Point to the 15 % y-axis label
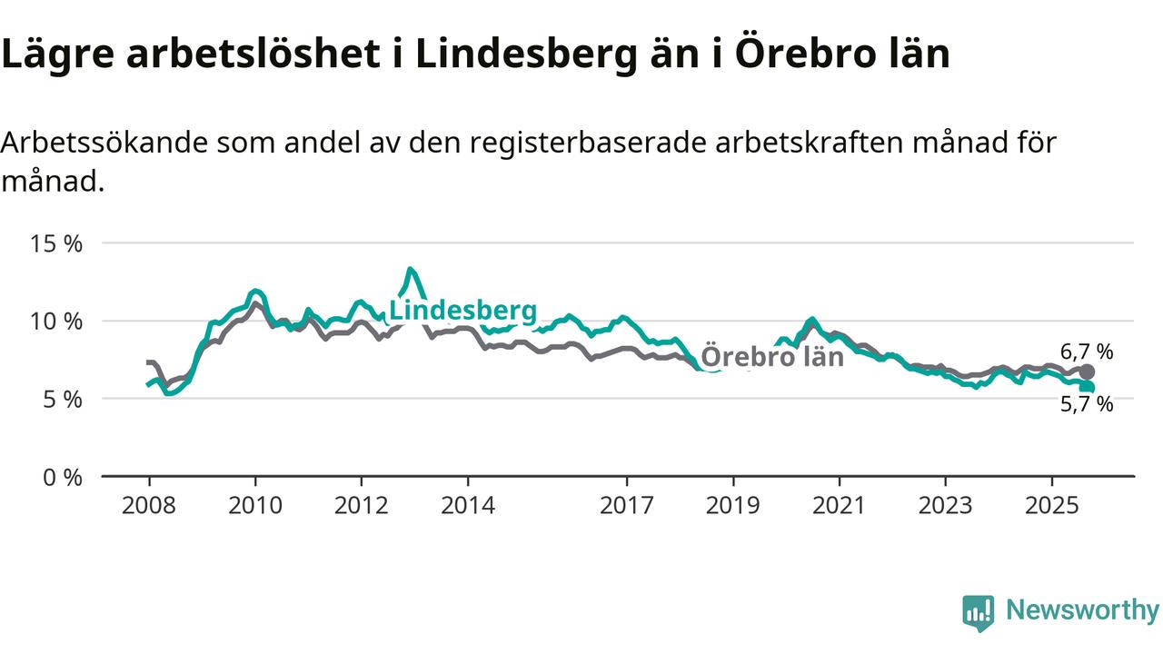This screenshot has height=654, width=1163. click(x=57, y=244)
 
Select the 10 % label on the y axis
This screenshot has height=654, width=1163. click(x=57, y=322)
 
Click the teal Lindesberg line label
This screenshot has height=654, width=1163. click(x=462, y=310)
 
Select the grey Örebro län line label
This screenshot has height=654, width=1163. click(x=772, y=356)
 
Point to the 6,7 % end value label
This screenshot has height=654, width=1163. click(x=1087, y=352)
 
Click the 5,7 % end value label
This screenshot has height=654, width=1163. click(x=1087, y=404)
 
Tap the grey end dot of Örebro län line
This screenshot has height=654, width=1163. click(x=1087, y=372)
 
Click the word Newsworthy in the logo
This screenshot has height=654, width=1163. click(x=1082, y=610)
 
